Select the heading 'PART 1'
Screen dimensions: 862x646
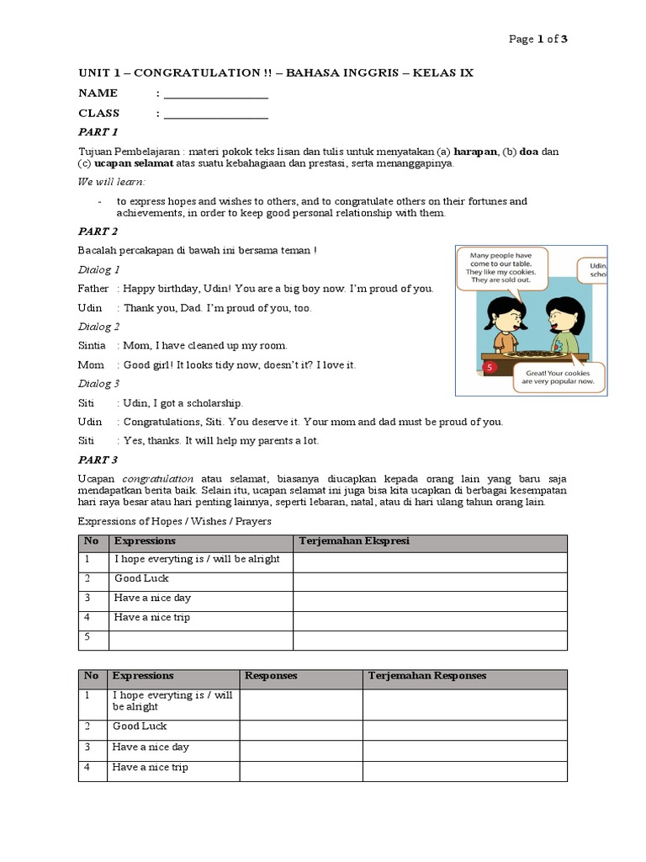pos(98,132)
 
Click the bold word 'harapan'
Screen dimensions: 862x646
pos(476,152)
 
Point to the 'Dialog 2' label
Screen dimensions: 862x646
pos(99,327)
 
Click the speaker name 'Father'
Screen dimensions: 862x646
pos(93,289)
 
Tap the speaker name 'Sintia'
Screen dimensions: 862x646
pos(92,346)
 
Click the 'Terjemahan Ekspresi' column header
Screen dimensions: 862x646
pos(353,541)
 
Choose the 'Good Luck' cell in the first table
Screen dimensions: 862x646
pos(141,579)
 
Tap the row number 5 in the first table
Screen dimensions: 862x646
pos(87,638)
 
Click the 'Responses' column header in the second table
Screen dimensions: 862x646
pos(270,676)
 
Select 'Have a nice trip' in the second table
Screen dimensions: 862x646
pos(151,768)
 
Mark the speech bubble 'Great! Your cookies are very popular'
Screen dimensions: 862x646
pos(556,376)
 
